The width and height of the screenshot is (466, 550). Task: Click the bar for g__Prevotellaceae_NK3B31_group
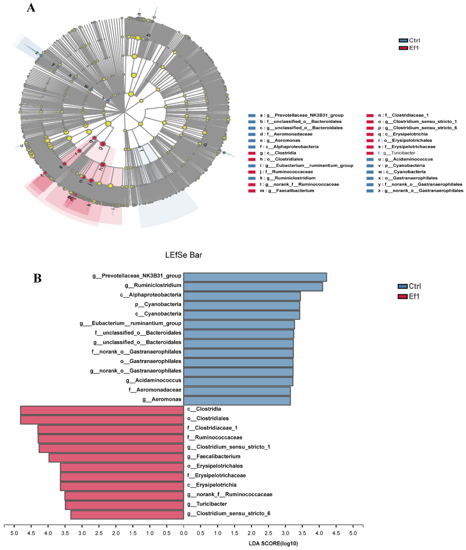coord(255,277)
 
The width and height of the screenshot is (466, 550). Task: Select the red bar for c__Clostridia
coord(102,410)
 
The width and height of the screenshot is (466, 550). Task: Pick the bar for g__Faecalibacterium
coord(116,458)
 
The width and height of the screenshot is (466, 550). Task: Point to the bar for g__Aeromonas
coord(237,401)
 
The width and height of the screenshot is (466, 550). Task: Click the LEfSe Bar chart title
coord(184,255)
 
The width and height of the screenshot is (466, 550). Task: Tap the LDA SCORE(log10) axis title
coord(273,543)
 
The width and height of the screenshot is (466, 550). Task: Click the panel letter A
coord(31,8)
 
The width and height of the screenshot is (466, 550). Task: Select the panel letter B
coord(37,278)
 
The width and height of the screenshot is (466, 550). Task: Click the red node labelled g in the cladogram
coord(103,144)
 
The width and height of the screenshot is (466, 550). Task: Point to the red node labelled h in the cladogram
coord(103,165)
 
